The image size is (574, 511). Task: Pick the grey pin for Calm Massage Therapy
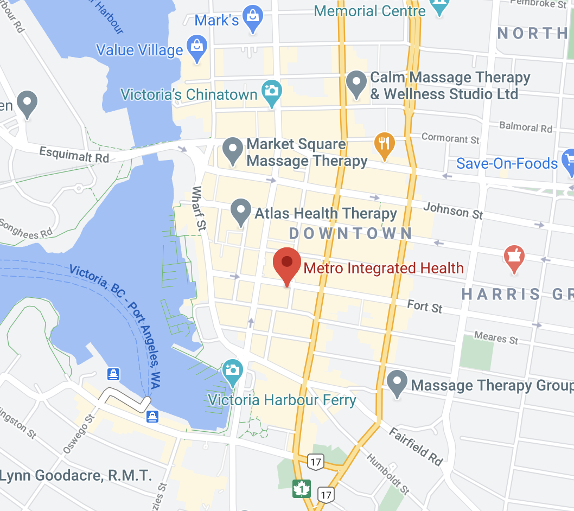click(356, 84)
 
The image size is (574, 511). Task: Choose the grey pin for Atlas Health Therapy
click(241, 212)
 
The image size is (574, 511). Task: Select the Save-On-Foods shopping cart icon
click(568, 162)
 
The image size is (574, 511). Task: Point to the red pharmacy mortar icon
click(513, 258)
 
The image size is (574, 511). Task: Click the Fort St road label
click(425, 307)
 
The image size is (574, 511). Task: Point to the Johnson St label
click(453, 210)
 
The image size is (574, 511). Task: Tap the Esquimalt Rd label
click(74, 155)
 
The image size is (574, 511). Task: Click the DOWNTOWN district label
click(350, 234)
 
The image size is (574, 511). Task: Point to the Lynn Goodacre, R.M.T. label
click(75, 476)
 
